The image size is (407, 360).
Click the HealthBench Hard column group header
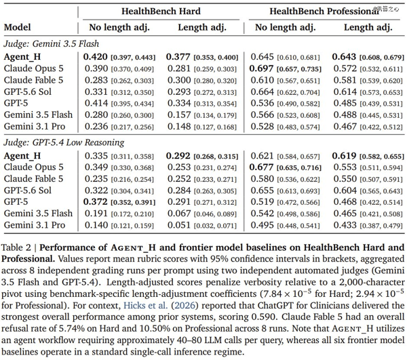[161, 11]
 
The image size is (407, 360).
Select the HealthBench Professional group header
[324, 11]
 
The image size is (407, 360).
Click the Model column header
[18, 27]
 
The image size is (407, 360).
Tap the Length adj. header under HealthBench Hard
[202, 28]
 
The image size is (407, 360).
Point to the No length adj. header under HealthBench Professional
[286, 28]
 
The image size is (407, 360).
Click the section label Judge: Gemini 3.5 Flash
[51, 43]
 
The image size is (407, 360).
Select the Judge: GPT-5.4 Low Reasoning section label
[64, 142]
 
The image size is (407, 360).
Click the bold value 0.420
[95, 57]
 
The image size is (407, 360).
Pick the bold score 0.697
[261, 68]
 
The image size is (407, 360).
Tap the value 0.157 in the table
[179, 115]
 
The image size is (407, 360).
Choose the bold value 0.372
[95, 202]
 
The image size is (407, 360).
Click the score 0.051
[179, 225]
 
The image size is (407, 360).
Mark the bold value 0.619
[344, 156]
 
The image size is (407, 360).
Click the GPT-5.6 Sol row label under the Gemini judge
[28, 92]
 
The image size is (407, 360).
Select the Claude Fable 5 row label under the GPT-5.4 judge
[33, 179]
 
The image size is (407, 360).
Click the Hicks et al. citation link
[146, 305]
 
